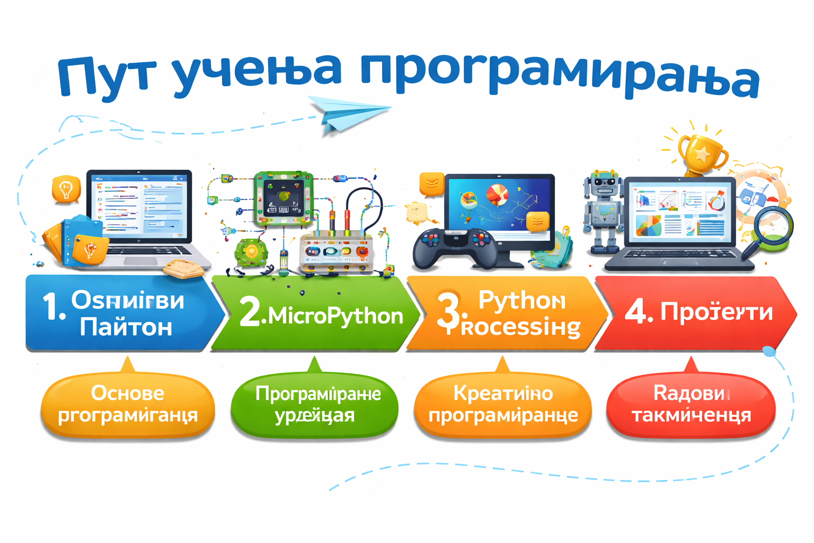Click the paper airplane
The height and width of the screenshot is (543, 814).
[x=347, y=112]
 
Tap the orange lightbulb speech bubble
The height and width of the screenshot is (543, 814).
[x=66, y=189]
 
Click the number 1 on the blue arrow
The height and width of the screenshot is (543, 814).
[x=53, y=308]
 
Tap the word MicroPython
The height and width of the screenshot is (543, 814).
[x=335, y=316]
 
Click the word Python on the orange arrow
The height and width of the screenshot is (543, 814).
[x=521, y=300]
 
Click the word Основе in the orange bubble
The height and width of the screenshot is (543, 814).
[x=128, y=393]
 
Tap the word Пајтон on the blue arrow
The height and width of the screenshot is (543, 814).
[x=126, y=327]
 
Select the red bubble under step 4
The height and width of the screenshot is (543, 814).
[x=691, y=405]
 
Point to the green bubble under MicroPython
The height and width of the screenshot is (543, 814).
[x=315, y=405]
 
